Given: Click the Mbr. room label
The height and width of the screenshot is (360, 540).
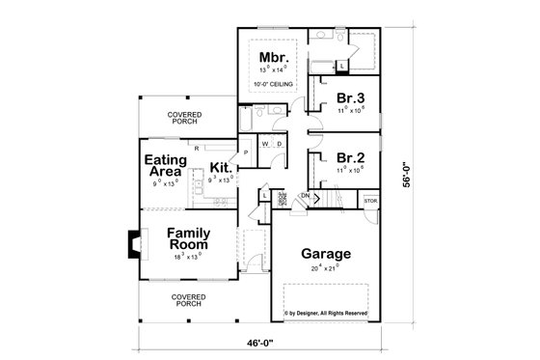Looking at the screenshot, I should click(x=269, y=56).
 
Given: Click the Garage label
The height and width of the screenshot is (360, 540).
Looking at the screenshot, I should click(x=326, y=255).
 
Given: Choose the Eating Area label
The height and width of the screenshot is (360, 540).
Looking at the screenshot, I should click(x=164, y=166).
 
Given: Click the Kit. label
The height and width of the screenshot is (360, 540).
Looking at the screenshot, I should click(x=220, y=166).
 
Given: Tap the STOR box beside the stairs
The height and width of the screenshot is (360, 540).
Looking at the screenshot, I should click(x=369, y=201).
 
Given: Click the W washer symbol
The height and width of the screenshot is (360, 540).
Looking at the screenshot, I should click(x=261, y=145).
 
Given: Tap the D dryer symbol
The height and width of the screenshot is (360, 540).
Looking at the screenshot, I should click(x=278, y=145).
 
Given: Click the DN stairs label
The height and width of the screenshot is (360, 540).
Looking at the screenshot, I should click(x=304, y=196).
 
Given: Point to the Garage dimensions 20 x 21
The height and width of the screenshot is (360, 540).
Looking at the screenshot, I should click(x=326, y=267).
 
